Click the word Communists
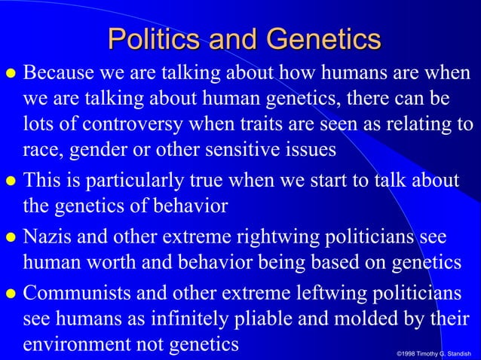[x=75, y=294]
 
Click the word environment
[x=69, y=345]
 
